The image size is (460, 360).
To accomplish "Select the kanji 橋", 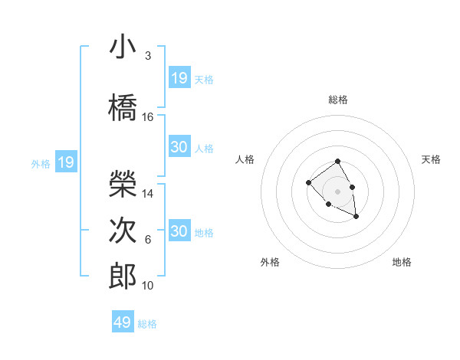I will [x=123, y=108].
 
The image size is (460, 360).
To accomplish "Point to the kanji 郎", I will [x=123, y=277].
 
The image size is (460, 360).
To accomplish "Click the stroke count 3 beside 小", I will [x=148, y=56].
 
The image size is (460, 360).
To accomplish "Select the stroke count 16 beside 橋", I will [x=148, y=117].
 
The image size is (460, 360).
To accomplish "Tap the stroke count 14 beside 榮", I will [x=148, y=194].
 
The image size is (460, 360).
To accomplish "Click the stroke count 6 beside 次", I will [x=148, y=240].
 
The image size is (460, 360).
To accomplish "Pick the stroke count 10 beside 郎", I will [x=148, y=286].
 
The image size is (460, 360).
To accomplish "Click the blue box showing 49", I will [x=123, y=322].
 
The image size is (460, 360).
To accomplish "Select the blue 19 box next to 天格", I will [x=179, y=78].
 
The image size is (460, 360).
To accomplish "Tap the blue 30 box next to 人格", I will [x=179, y=147].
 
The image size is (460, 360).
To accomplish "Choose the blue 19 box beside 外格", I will [x=66, y=162].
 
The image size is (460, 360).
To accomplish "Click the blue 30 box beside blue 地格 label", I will [x=179, y=231].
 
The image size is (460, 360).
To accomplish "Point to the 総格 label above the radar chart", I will [x=338, y=100].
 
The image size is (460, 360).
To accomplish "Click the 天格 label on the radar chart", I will [x=431, y=159].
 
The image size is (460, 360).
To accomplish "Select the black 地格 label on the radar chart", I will [x=402, y=262].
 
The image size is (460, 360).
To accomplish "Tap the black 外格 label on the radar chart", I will [x=270, y=262].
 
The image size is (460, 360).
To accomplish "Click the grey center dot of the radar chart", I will [x=337, y=191].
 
